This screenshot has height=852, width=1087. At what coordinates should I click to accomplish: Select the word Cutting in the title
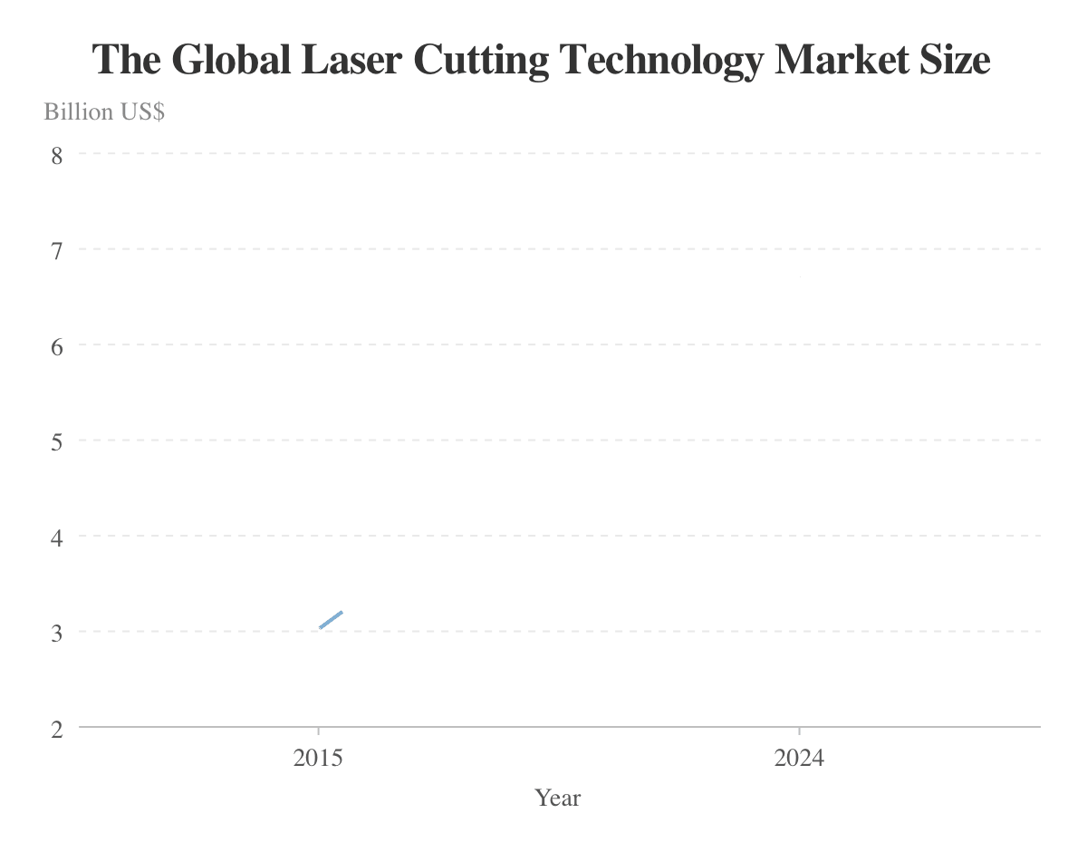(480, 61)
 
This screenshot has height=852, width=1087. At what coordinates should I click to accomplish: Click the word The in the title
(126, 61)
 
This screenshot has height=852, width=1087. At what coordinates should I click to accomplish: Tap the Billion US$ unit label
(104, 112)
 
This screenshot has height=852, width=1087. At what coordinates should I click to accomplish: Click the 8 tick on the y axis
(57, 154)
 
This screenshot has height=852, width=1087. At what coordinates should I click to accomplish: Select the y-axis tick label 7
(57, 249)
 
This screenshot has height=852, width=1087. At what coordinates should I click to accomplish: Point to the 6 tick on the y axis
(57, 345)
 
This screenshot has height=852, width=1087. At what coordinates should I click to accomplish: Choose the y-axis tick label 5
(57, 441)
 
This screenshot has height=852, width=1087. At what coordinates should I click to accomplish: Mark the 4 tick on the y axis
(57, 537)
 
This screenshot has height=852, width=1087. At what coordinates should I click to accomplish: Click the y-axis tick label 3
(57, 632)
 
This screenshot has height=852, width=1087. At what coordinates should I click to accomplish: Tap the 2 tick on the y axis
(57, 728)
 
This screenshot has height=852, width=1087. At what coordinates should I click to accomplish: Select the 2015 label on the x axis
(318, 758)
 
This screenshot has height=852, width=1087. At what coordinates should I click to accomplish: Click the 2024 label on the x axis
(799, 758)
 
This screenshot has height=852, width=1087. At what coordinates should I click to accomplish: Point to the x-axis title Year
(558, 798)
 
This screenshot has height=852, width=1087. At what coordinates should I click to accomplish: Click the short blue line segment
(331, 620)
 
